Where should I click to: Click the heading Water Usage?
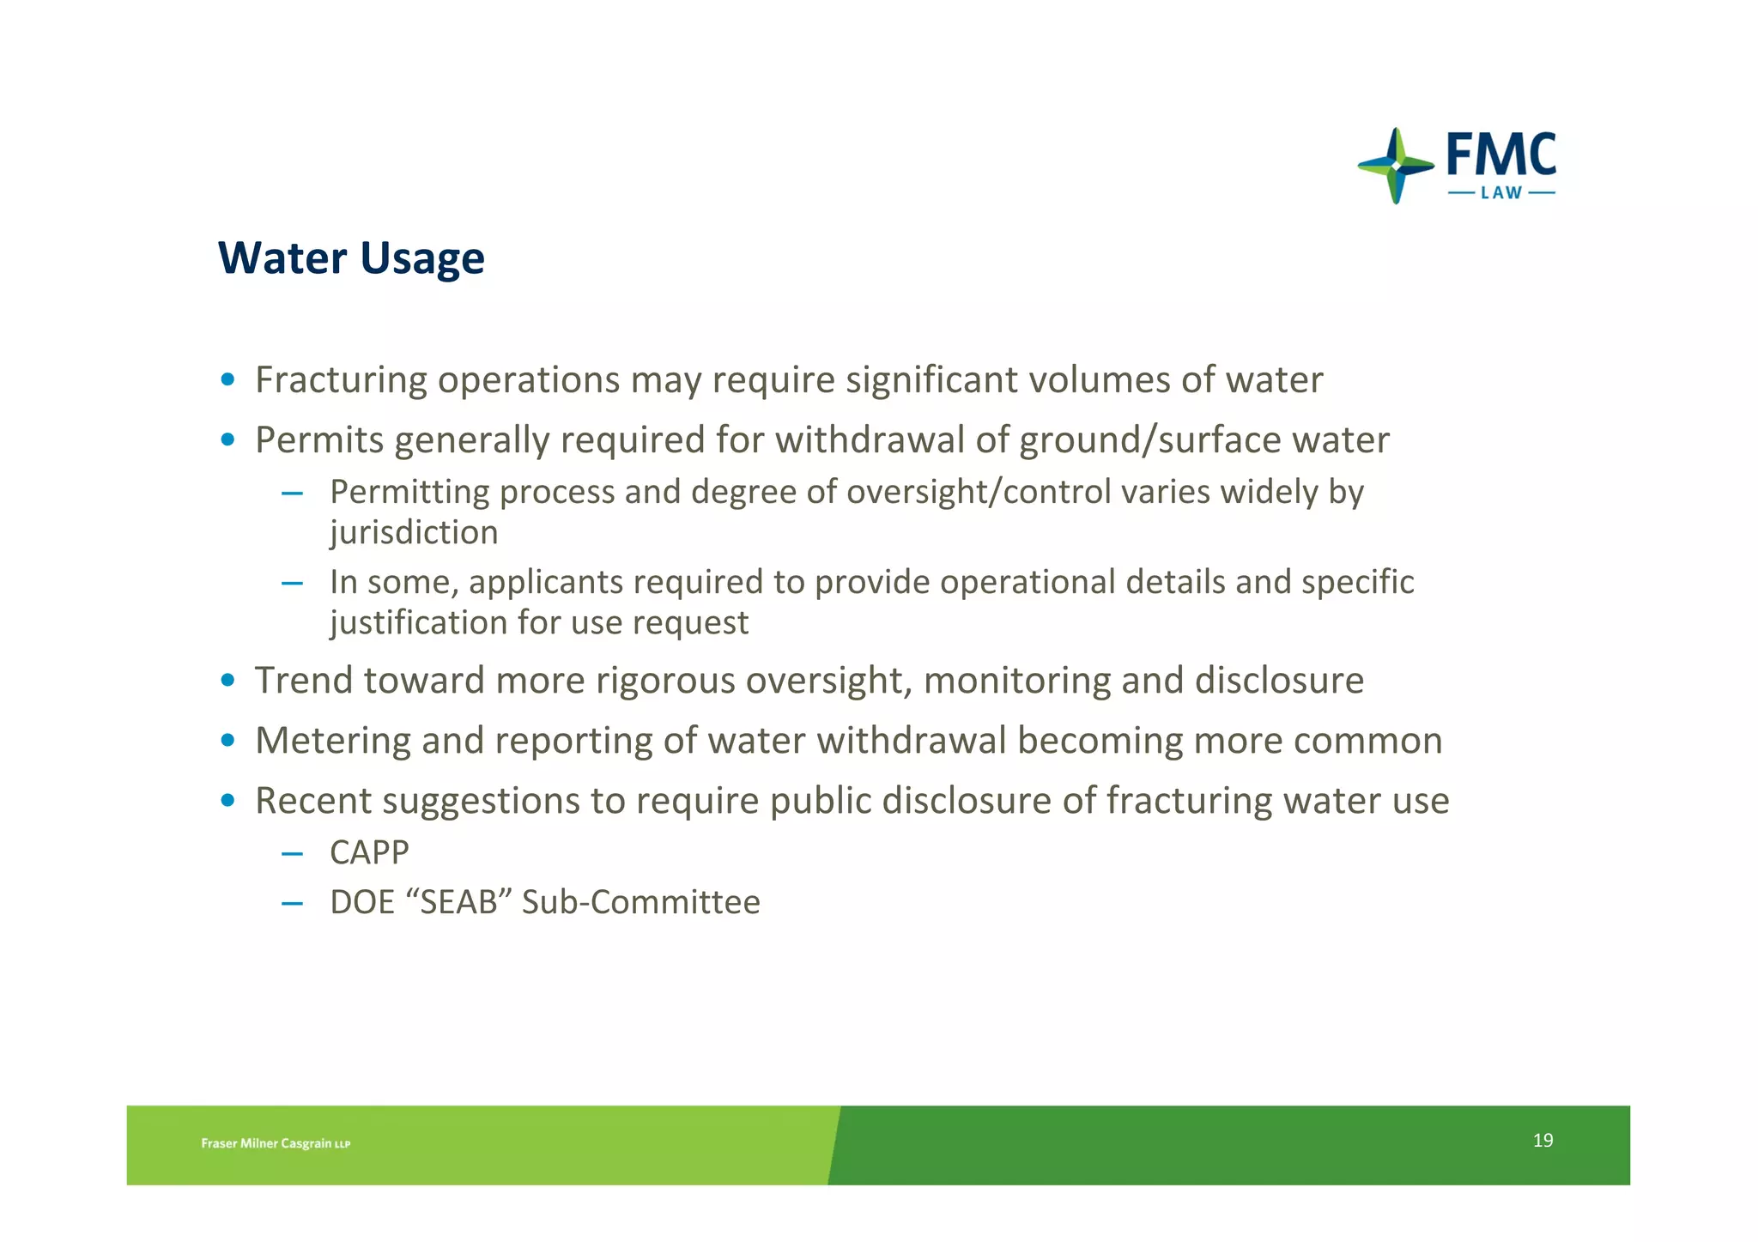[351, 258]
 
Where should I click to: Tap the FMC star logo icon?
[1396, 166]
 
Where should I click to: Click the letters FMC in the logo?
[1500, 155]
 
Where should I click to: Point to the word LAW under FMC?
[1501, 193]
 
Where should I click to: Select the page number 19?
[1543, 1140]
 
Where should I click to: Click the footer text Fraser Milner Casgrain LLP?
[276, 1143]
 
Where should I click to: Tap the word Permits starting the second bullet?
[319, 440]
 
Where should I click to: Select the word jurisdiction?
[414, 532]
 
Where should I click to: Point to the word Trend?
[304, 681]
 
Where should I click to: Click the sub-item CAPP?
[369, 852]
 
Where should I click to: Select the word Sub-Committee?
[640, 902]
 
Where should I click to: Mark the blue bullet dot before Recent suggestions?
[227, 800]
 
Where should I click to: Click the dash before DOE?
[292, 903]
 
